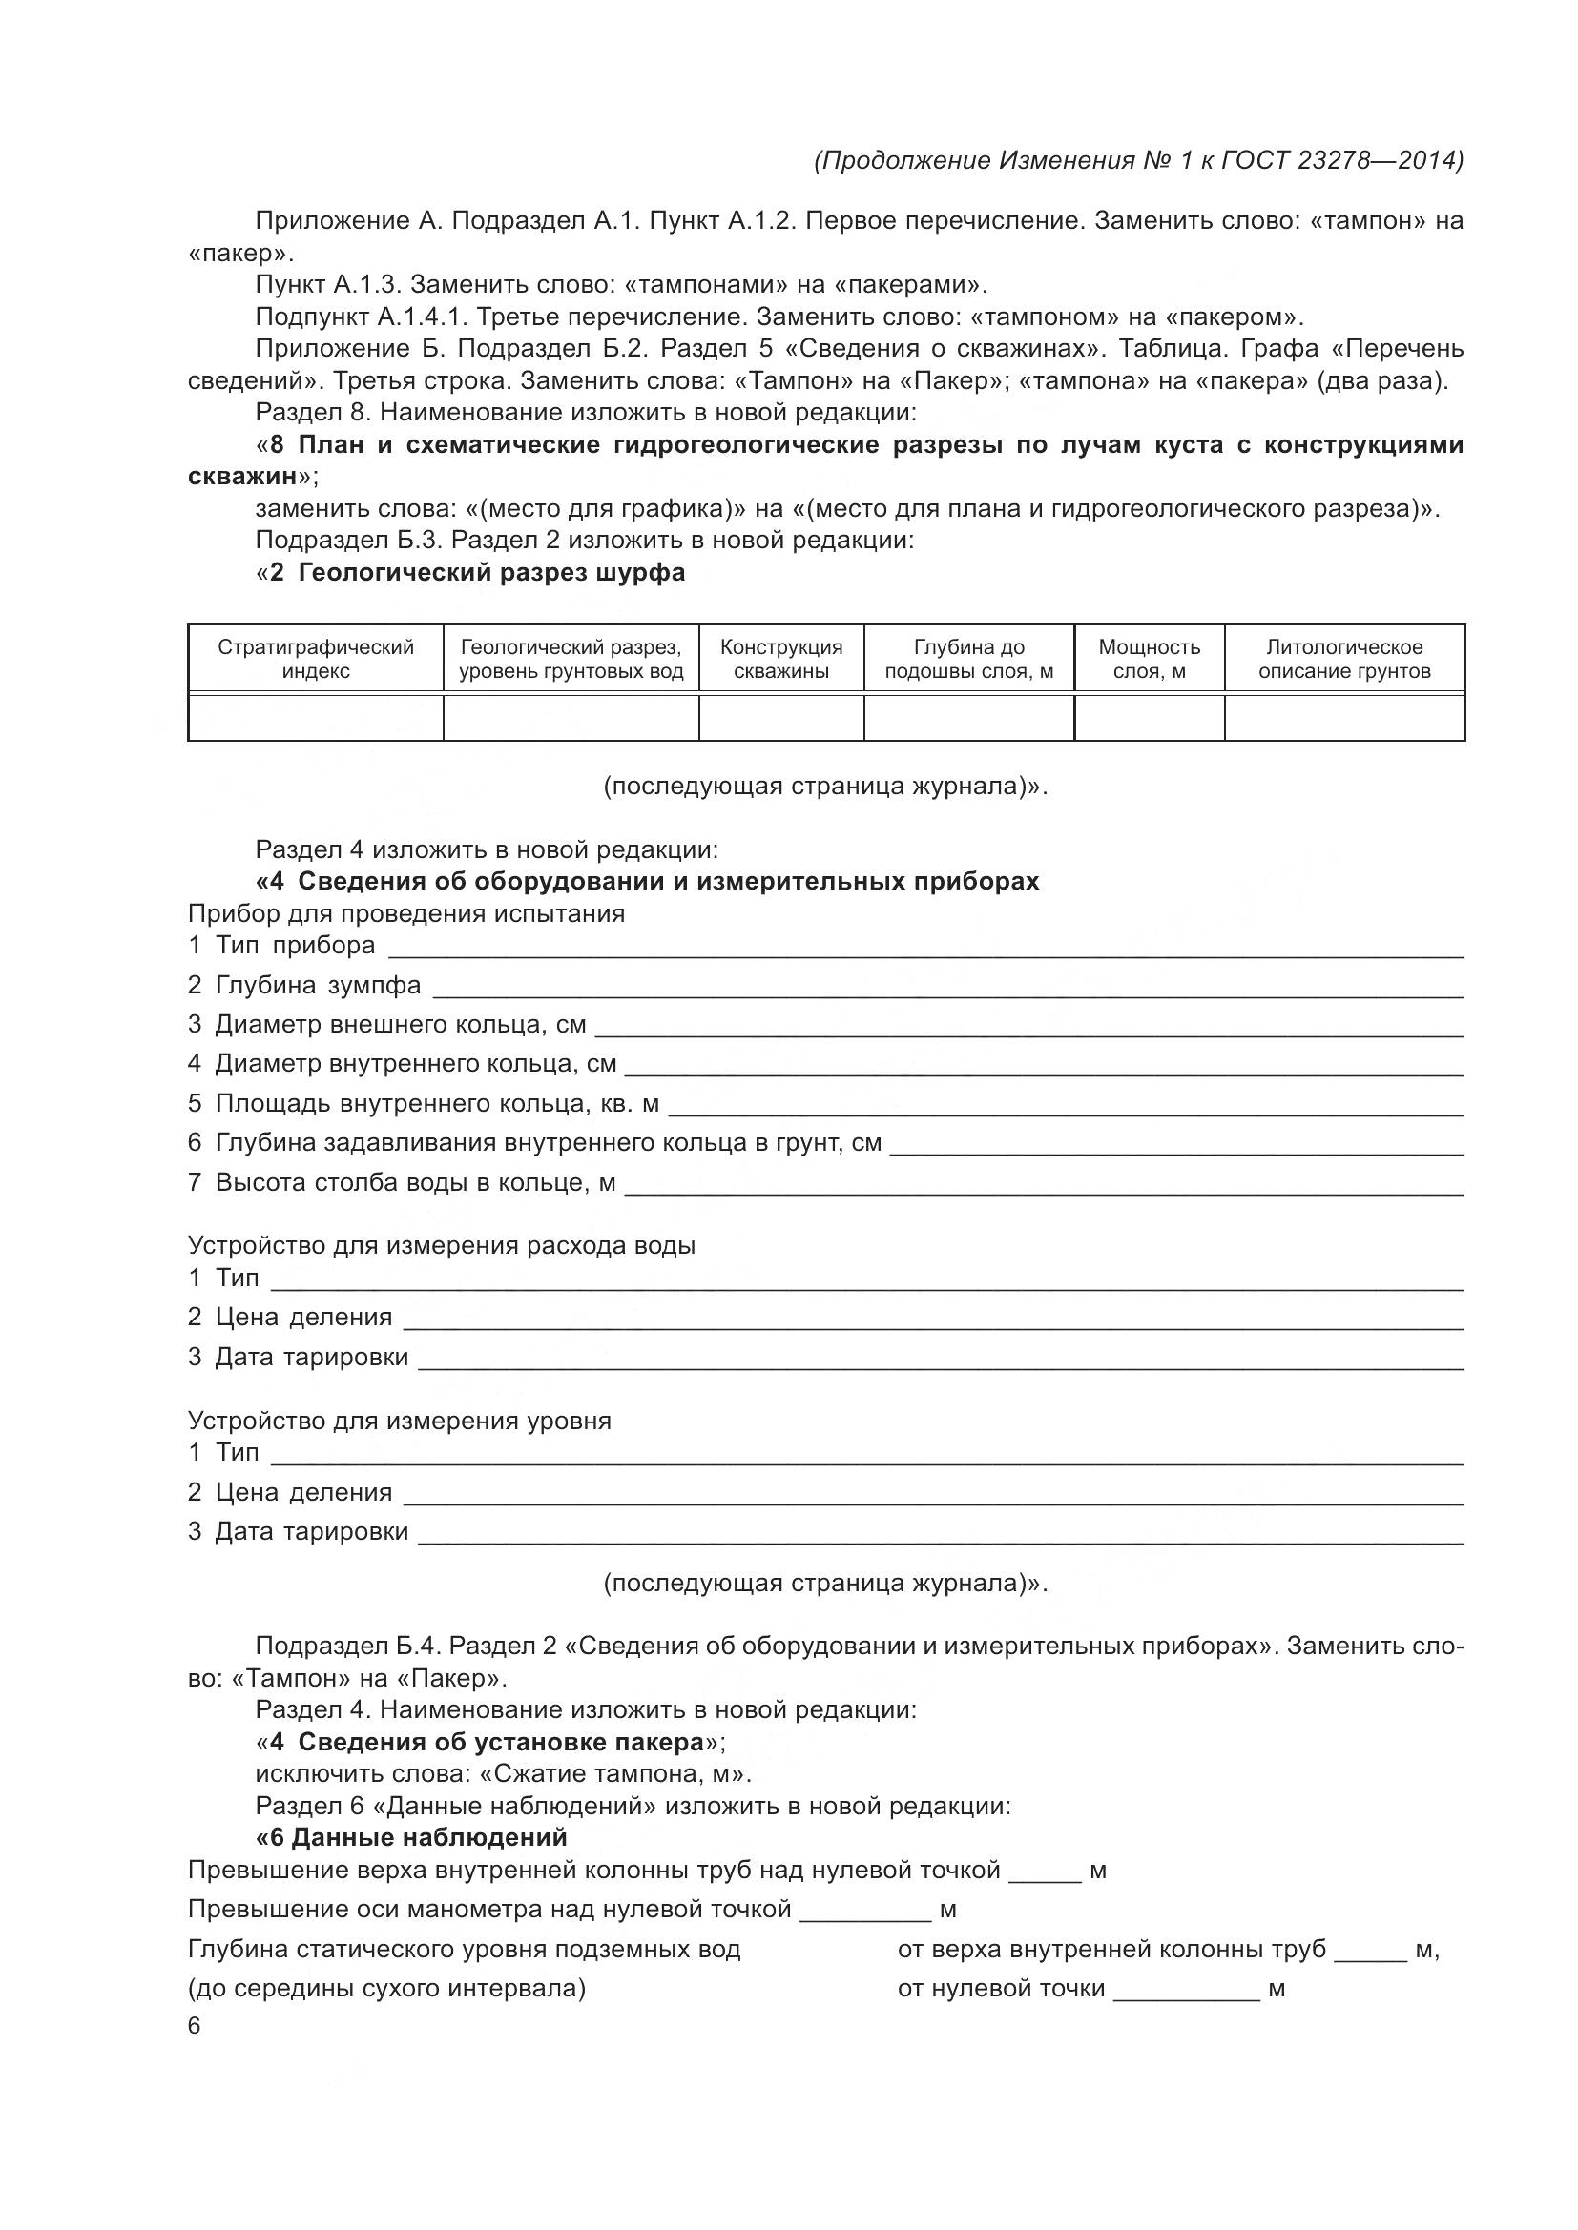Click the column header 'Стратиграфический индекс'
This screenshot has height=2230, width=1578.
(x=315, y=660)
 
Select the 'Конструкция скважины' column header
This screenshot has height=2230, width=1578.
(x=781, y=660)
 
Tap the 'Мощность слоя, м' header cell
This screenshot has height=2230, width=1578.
(x=1149, y=660)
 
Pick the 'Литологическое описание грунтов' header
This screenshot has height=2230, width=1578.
(x=1344, y=660)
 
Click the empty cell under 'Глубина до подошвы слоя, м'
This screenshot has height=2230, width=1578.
(x=968, y=718)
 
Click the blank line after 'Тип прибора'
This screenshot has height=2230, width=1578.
(x=924, y=948)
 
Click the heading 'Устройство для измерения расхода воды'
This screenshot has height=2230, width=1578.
(x=441, y=1246)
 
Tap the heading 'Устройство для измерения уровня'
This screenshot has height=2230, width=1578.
(x=400, y=1422)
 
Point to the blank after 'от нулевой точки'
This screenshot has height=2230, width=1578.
(x=1186, y=1989)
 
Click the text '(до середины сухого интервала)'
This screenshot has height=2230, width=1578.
(x=386, y=1989)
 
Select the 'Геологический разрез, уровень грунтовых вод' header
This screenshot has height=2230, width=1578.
(x=571, y=660)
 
